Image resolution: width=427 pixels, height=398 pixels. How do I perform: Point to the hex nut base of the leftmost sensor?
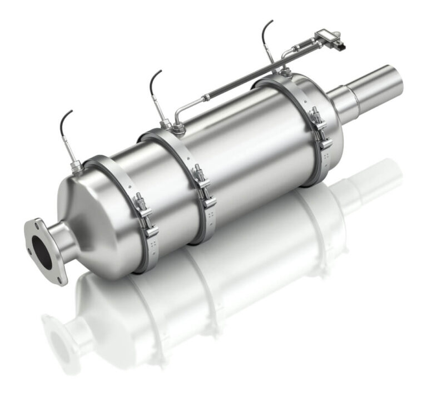76,164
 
